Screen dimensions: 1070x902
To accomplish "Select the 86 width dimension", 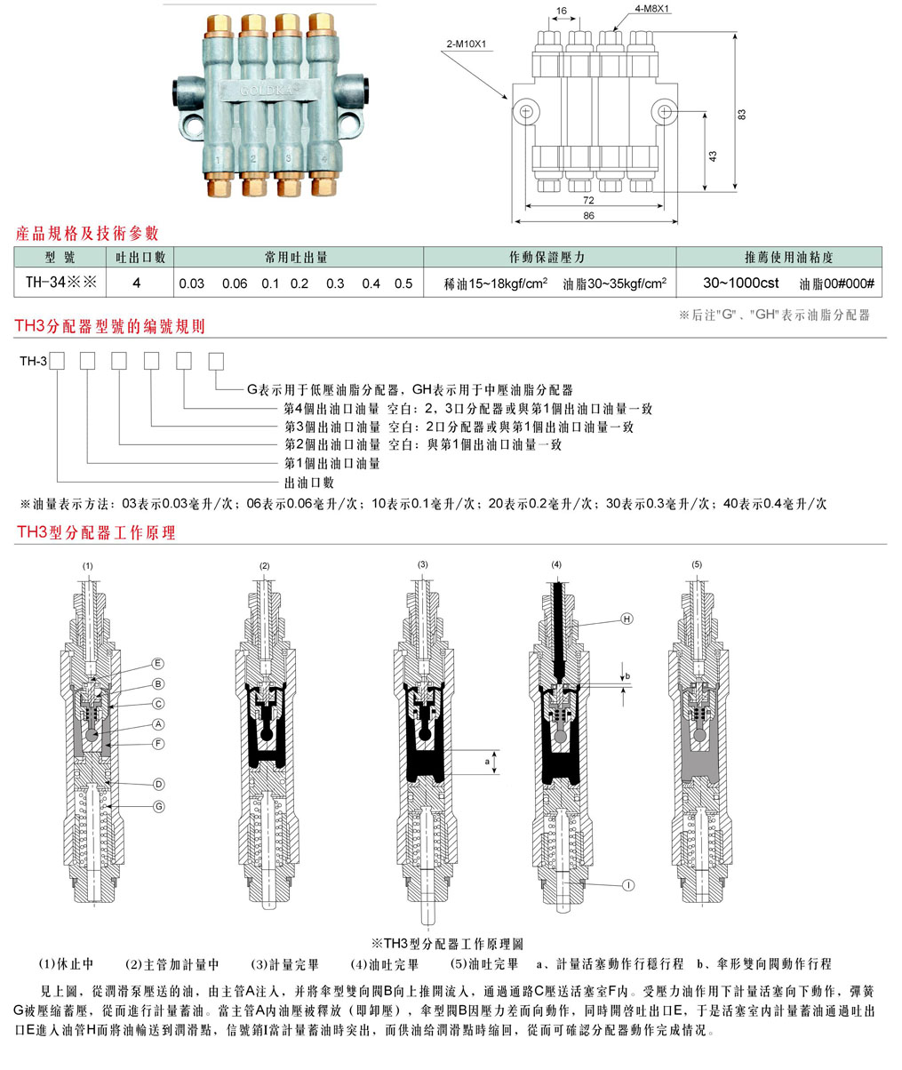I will point(588,215).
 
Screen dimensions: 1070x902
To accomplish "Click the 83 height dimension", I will point(742,114).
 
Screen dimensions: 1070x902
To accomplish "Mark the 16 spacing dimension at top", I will point(560,11).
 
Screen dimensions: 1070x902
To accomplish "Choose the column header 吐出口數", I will point(142,257).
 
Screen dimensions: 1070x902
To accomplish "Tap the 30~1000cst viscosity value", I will point(741,283).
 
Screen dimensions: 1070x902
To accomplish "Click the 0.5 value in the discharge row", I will point(403,283).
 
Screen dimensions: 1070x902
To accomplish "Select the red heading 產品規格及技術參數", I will point(88,234).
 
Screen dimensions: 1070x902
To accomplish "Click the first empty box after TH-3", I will point(58,361).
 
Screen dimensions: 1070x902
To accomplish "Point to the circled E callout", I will point(158,664).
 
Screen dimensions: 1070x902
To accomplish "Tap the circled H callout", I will point(626,619).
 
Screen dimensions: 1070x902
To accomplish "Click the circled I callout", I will point(627,885).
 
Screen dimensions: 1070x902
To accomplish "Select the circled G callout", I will point(158,806).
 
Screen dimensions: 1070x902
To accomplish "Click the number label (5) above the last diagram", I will point(697,565).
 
